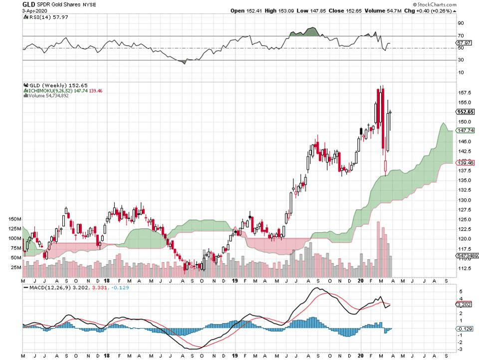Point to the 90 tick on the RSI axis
(x=461, y=23)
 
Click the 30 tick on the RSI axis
(x=461, y=60)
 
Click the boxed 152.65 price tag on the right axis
(x=465, y=111)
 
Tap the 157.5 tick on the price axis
(x=465, y=92)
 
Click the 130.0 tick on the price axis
(x=465, y=200)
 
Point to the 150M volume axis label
(x=15, y=219)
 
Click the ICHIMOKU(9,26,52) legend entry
(x=47, y=90)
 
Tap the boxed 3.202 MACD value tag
(x=465, y=304)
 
